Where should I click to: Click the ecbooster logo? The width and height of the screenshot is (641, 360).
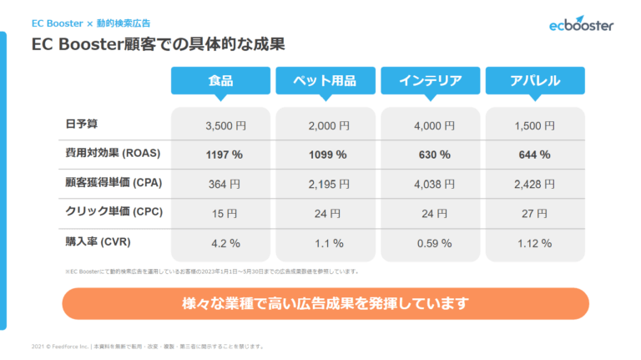tap(581, 24)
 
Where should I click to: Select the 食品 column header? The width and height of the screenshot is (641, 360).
tap(220, 81)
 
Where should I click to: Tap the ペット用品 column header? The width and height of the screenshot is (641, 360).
tap(325, 81)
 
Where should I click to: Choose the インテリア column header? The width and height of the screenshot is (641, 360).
tap(430, 81)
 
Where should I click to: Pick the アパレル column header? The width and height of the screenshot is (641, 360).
tap(534, 81)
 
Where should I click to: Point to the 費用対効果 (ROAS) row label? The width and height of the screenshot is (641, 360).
tap(112, 154)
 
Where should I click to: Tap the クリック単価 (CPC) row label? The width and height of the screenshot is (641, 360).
tap(113, 212)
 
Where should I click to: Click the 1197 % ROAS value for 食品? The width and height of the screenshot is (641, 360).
tap(224, 155)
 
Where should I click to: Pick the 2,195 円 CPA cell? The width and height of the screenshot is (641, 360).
tap(329, 184)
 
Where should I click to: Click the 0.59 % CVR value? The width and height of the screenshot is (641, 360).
tap(433, 243)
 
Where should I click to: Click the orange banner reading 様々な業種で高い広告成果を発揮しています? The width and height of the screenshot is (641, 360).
tap(326, 302)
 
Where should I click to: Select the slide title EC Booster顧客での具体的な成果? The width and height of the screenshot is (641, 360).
tap(164, 42)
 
